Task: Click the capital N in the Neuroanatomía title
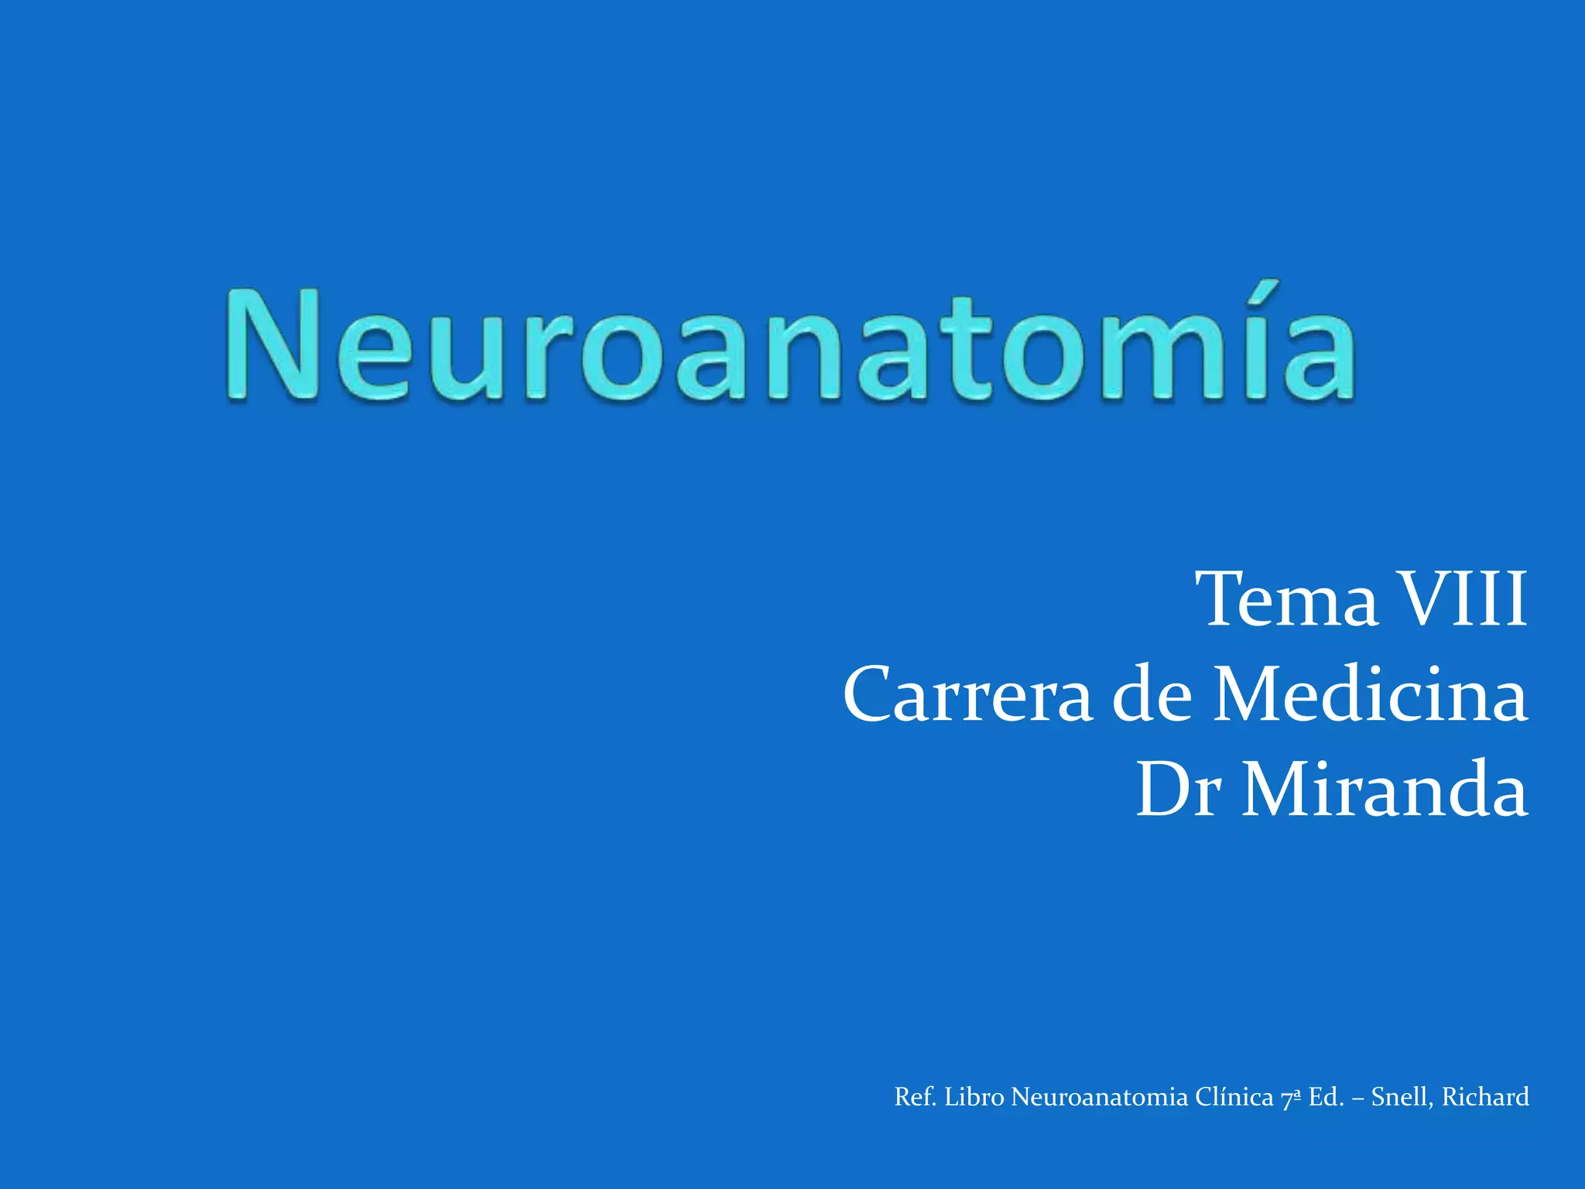click(275, 345)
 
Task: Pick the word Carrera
click(967, 695)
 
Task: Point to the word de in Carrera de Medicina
click(1151, 695)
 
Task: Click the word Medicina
click(1370, 695)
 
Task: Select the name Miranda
click(1385, 790)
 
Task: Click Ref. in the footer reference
click(915, 1098)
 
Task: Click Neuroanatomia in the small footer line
click(1099, 1098)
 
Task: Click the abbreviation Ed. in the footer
click(1326, 1098)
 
